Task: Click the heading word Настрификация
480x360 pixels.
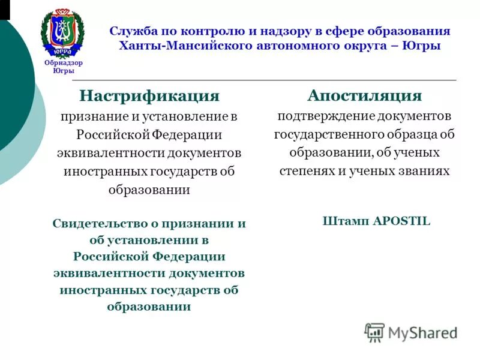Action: tap(149, 96)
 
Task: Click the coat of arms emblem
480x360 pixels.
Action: tap(63, 33)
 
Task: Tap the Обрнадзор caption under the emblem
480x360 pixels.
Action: tap(63, 63)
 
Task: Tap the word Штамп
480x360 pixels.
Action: tap(345, 221)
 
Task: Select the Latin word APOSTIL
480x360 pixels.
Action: tap(401, 221)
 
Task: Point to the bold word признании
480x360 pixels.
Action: tap(196, 224)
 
